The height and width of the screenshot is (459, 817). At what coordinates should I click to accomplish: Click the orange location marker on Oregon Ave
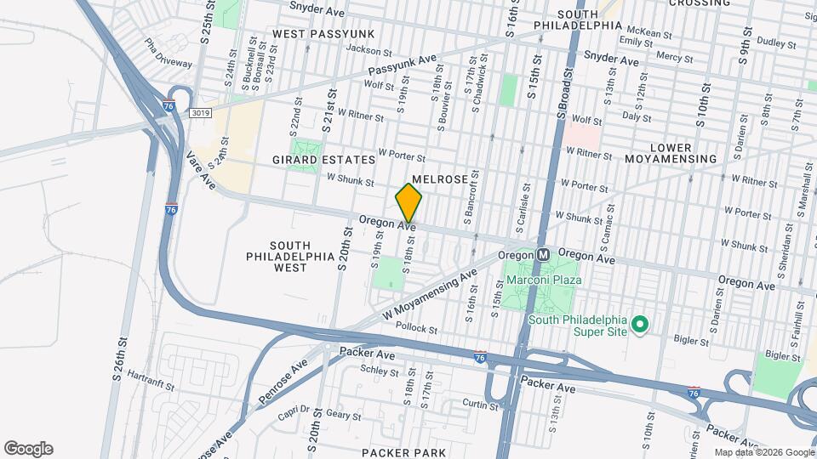coord(409,203)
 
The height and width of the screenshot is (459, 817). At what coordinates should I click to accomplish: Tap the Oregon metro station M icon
coord(543,254)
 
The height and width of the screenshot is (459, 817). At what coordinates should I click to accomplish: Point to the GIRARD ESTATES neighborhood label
coord(323,160)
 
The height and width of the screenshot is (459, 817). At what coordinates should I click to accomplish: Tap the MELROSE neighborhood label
coord(440,180)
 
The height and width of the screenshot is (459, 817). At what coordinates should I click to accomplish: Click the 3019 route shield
coord(201,113)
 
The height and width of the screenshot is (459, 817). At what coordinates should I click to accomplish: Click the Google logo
coord(28,449)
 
